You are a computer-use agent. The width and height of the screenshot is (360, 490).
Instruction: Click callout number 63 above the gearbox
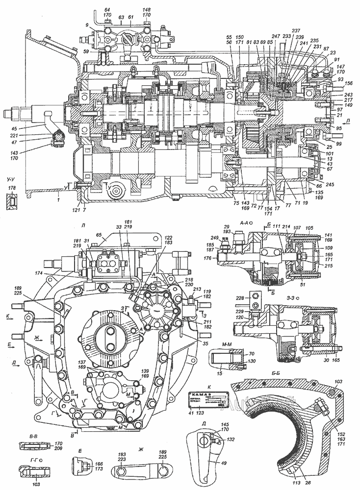pos(120,17)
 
